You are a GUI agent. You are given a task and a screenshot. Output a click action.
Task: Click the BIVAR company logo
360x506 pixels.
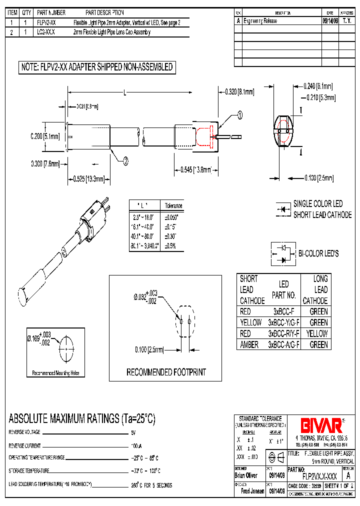(320, 425)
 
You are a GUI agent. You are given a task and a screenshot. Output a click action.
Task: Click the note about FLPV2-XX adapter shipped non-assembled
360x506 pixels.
(96, 67)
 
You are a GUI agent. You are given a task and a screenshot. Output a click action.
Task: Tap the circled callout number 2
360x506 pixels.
(125, 160)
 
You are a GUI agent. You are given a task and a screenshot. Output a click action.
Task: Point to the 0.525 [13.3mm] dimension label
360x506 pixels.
(88, 178)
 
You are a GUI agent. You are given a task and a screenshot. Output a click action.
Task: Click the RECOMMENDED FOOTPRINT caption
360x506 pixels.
(166, 372)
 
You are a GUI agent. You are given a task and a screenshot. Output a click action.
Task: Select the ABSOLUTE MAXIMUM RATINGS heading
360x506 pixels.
(82, 419)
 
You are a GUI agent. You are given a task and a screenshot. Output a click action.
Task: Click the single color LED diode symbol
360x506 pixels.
(284, 209)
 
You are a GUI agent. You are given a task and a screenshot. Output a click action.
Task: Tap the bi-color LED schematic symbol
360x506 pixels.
(283, 253)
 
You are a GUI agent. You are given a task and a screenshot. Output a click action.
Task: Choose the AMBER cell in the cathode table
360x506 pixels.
(250, 344)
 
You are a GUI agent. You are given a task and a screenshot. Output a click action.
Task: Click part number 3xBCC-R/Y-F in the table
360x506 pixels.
(283, 333)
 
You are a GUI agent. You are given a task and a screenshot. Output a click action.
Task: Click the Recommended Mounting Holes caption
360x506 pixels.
(55, 373)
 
